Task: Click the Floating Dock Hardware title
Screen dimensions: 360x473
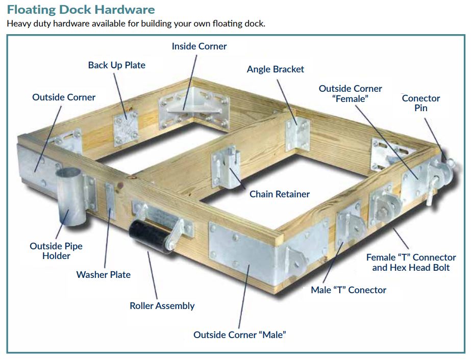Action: pos(81,9)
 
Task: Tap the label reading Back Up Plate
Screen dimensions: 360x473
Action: pos(116,65)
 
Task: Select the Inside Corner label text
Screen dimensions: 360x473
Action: pos(199,46)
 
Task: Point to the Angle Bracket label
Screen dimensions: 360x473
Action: pos(275,69)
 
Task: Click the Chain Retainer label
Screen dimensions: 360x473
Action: pos(279,194)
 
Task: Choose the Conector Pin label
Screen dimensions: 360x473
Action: pos(420,103)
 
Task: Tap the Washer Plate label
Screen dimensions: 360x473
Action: pos(103,274)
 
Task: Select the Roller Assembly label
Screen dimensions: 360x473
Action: pos(162,305)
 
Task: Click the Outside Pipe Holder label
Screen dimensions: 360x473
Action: pos(56,250)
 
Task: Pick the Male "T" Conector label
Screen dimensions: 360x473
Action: pos(348,290)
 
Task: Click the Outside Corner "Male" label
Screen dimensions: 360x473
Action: pos(239,335)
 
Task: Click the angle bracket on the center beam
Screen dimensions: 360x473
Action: pos(297,134)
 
